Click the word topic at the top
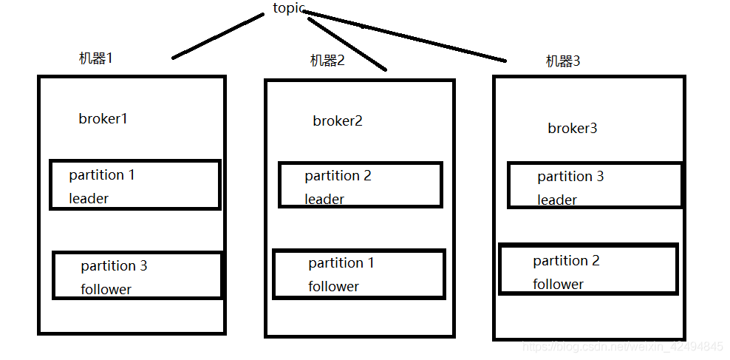[289, 8]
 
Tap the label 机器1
[96, 58]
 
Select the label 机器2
[327, 61]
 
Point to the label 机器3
[563, 61]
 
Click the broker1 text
[103, 118]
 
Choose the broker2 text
[338, 121]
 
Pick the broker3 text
[573, 129]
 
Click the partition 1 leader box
[134, 185]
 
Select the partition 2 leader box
[360, 185]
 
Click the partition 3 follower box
[137, 276]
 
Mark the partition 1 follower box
[359, 274]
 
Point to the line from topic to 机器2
[347, 44]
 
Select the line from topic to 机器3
[406, 36]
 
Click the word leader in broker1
[89, 199]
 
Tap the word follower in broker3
[558, 285]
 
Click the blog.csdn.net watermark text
[623, 347]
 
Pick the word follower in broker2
[333, 287]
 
